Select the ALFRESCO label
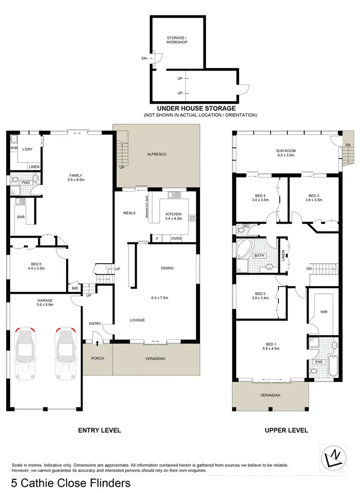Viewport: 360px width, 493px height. coord(156,154)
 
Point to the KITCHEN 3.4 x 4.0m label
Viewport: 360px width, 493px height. coord(174,216)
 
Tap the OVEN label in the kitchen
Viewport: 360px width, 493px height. coord(176,238)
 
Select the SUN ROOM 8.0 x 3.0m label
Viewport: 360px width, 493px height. coord(286,153)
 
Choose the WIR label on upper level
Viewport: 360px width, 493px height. coord(324,312)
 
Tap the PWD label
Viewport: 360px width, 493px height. coord(26,182)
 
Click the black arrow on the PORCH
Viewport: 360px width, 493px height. coord(97,343)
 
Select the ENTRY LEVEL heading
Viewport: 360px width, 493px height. coord(99,430)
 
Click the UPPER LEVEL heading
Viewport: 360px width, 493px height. coord(287,430)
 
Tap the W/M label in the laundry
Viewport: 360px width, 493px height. coord(14,148)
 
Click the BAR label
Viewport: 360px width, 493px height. coord(20,217)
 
